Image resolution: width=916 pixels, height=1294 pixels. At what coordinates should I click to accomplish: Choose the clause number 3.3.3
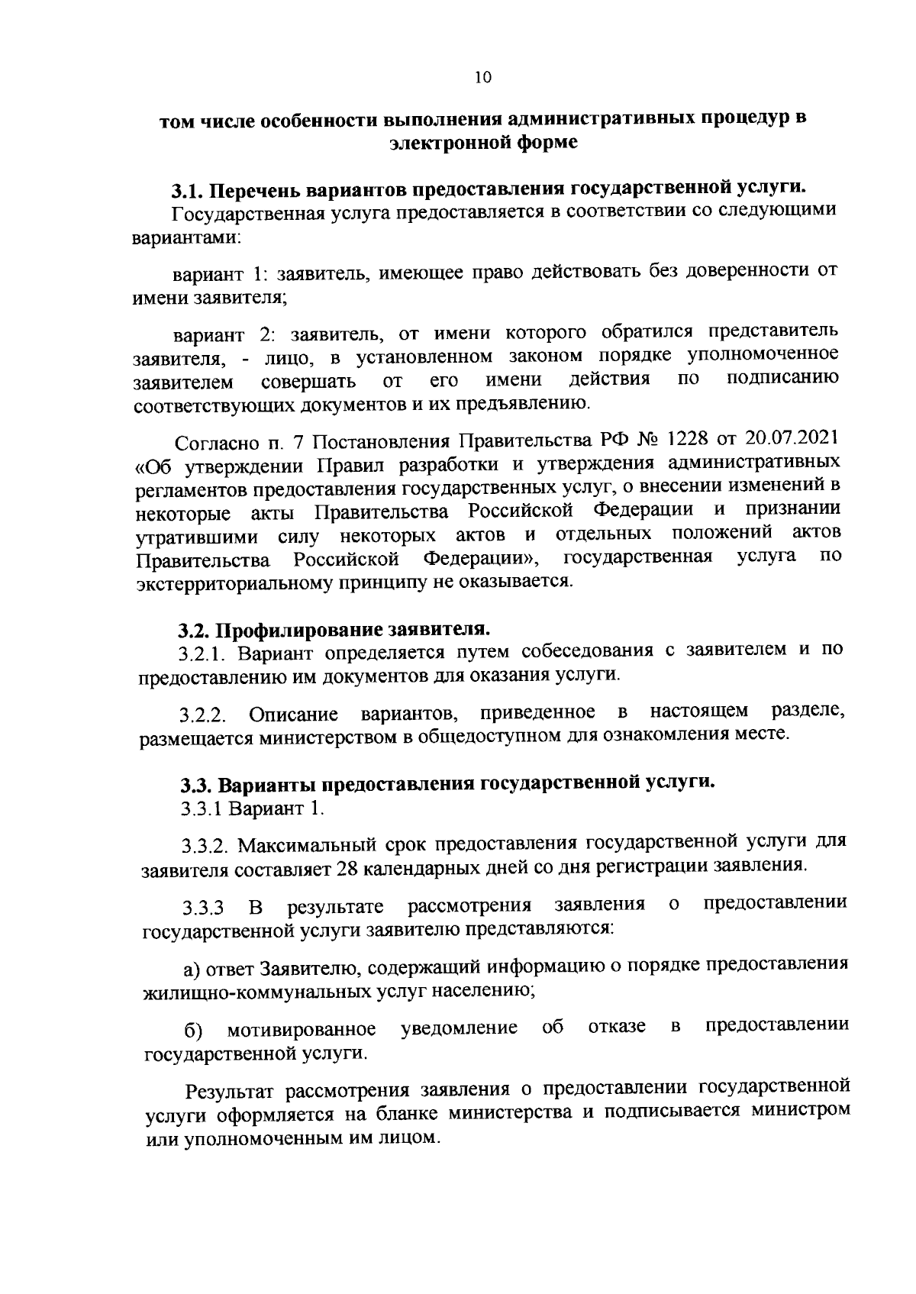[203, 909]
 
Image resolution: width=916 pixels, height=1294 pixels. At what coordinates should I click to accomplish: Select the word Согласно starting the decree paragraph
[215, 443]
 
